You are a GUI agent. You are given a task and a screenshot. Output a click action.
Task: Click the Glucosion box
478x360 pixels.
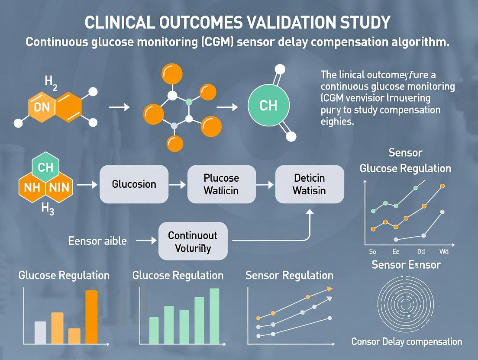point(134,184)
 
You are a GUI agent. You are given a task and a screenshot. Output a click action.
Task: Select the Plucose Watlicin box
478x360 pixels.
point(221,184)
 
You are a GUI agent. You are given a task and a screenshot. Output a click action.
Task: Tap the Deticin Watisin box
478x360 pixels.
point(310,184)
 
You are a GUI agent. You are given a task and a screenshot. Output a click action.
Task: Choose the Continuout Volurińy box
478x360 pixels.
point(193,241)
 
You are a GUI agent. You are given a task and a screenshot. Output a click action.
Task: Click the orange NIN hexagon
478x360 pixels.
point(58,189)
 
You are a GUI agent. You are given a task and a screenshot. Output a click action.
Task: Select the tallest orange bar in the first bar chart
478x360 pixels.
point(91,316)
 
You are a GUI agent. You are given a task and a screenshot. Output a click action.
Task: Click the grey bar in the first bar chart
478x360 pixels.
point(40,332)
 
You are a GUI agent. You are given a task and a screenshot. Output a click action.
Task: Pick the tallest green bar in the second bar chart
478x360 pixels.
point(214,315)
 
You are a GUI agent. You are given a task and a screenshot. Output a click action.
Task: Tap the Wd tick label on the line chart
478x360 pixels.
point(444,251)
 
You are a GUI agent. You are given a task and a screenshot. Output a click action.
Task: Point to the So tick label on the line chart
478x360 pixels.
point(372,251)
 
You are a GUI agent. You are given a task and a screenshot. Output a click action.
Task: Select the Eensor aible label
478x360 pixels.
point(97,241)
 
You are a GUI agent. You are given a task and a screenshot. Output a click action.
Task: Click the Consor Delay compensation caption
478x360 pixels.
point(407,342)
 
